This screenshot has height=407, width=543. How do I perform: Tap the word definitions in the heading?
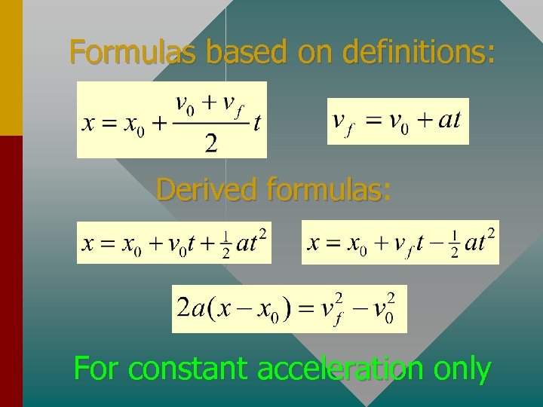point(419,52)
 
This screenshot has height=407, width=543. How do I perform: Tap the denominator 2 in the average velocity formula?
point(211,143)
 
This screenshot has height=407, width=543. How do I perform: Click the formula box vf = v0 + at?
point(397,121)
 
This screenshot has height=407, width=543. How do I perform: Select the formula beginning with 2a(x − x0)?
point(289,308)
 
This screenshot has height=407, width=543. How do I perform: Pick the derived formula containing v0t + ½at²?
point(174,242)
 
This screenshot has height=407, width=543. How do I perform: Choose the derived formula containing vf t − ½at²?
point(400,242)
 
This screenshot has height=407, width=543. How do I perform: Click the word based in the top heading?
point(247,52)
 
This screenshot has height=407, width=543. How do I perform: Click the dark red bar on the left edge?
point(11,271)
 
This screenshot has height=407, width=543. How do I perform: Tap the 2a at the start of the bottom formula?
point(189,308)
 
